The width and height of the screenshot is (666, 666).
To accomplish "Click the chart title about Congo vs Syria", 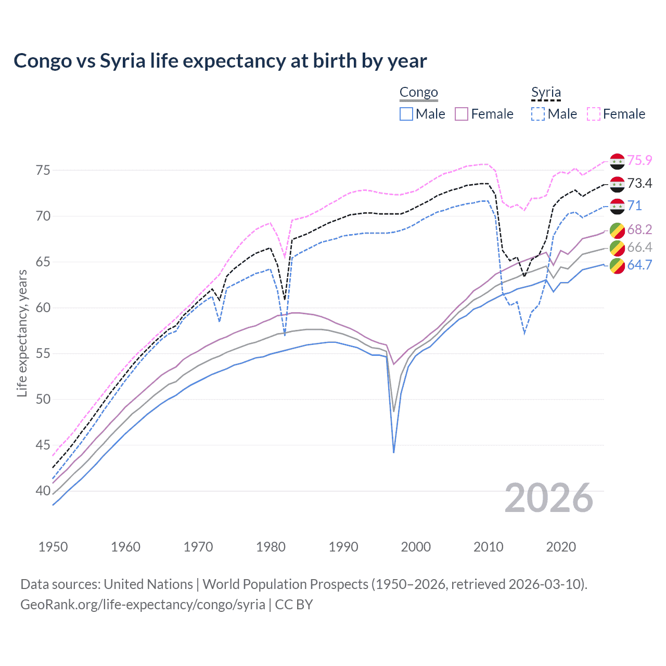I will point(220,61).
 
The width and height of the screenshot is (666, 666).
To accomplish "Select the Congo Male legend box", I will point(406,114).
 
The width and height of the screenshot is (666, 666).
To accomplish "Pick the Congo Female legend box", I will point(462,114).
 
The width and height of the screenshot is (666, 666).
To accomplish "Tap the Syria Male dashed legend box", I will point(538,114).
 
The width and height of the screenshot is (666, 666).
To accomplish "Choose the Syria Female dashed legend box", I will point(594,114).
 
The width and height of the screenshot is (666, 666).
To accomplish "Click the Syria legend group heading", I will point(546,93).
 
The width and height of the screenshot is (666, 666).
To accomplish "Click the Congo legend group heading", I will point(418,93).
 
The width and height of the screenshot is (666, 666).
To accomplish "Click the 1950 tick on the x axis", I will point(53,547).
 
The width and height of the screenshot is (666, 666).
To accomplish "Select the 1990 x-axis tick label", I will point(343,547).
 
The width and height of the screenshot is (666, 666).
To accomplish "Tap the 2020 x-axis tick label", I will point(561,547).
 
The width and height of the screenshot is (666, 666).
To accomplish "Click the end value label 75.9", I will point(639,161).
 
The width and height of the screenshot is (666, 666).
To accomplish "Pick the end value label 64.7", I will point(639,265).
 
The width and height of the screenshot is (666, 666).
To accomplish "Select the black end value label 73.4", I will point(639,183).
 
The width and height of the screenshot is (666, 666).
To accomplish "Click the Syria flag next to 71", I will point(617,206).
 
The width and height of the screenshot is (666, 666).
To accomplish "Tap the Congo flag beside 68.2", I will point(617,230).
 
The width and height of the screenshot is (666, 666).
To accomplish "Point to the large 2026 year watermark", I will point(549,498).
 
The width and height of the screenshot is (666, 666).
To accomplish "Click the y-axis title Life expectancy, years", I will point(22,333).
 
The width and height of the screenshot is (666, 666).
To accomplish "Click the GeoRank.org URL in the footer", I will point(143,605).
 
